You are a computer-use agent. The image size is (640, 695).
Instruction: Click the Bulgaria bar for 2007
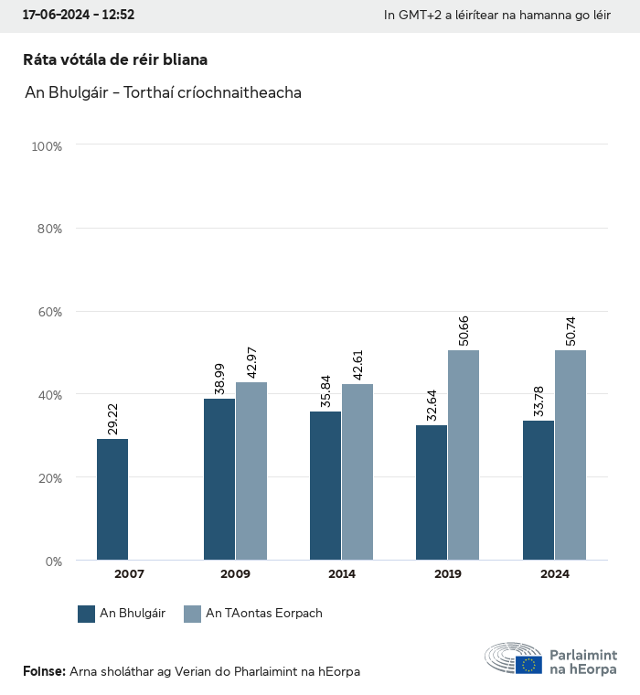113,499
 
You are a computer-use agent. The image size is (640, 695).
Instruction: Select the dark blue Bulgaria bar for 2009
219,479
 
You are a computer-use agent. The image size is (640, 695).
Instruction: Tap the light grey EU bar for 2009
251,471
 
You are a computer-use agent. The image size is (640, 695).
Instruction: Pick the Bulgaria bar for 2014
325,486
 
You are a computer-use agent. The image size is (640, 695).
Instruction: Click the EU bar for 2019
464,455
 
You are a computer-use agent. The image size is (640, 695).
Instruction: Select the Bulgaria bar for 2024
539,490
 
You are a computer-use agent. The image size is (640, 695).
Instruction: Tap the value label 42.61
358,362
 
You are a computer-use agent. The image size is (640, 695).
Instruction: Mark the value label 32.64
432,403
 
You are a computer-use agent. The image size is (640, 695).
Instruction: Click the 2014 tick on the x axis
342,574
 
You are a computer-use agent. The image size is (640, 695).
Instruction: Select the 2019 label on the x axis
448,574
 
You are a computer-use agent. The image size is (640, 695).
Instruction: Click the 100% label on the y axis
46,145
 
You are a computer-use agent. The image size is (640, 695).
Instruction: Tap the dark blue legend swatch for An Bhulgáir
87,614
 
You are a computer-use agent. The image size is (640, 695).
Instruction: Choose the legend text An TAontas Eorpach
264,614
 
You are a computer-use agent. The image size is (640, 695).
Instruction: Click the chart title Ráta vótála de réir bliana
115,60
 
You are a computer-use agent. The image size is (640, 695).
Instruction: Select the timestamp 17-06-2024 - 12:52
79,16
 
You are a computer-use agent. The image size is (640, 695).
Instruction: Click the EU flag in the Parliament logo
528,665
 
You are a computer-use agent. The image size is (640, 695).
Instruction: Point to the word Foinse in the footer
43,671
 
